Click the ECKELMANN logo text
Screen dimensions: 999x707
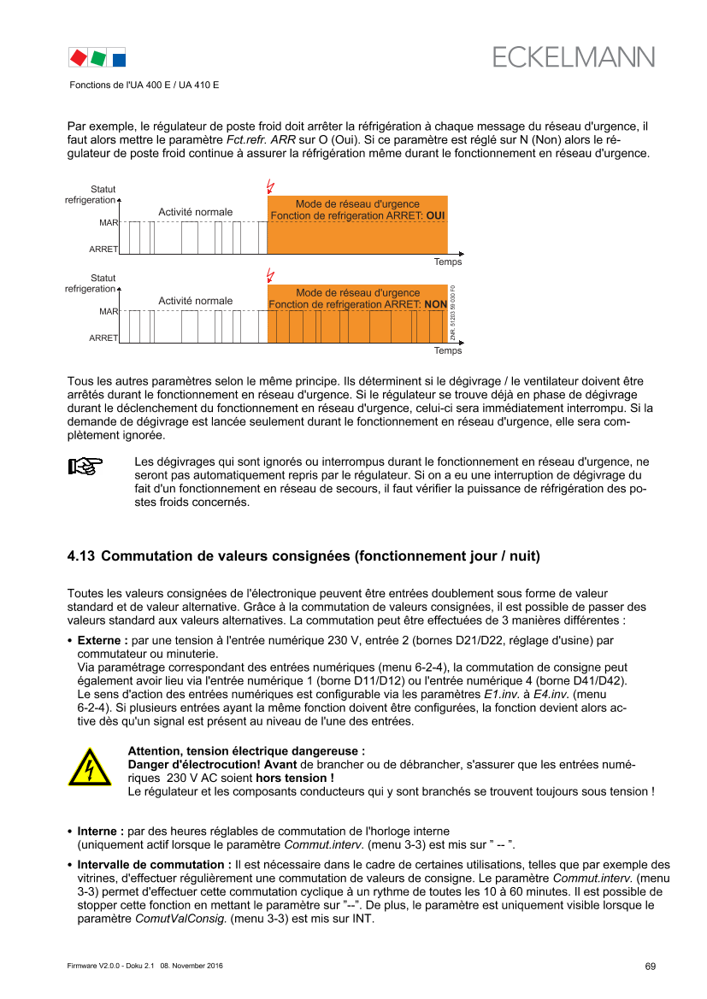574,56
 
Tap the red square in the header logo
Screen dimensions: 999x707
78,57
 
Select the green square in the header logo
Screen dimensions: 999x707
99,57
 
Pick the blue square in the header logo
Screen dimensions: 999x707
120,58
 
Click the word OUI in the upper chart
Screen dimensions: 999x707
437,215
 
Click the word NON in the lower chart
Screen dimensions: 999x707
436,304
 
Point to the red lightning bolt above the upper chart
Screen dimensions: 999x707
271,185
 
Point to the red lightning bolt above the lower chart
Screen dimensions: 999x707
271,274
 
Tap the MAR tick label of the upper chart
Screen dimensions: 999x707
109,222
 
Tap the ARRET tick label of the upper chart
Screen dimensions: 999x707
104,249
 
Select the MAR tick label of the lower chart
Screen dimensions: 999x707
109,311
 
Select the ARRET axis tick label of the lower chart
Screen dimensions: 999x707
104,338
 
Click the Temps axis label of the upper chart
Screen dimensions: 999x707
448,262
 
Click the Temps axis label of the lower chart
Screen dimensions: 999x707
448,350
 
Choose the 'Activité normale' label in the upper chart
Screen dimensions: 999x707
195,212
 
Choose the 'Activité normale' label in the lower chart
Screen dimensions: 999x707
195,301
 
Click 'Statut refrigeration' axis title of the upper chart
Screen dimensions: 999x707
91,194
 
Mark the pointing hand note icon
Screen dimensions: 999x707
85,467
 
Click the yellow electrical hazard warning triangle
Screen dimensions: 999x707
90,767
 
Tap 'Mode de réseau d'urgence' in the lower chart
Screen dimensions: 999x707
357,292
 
